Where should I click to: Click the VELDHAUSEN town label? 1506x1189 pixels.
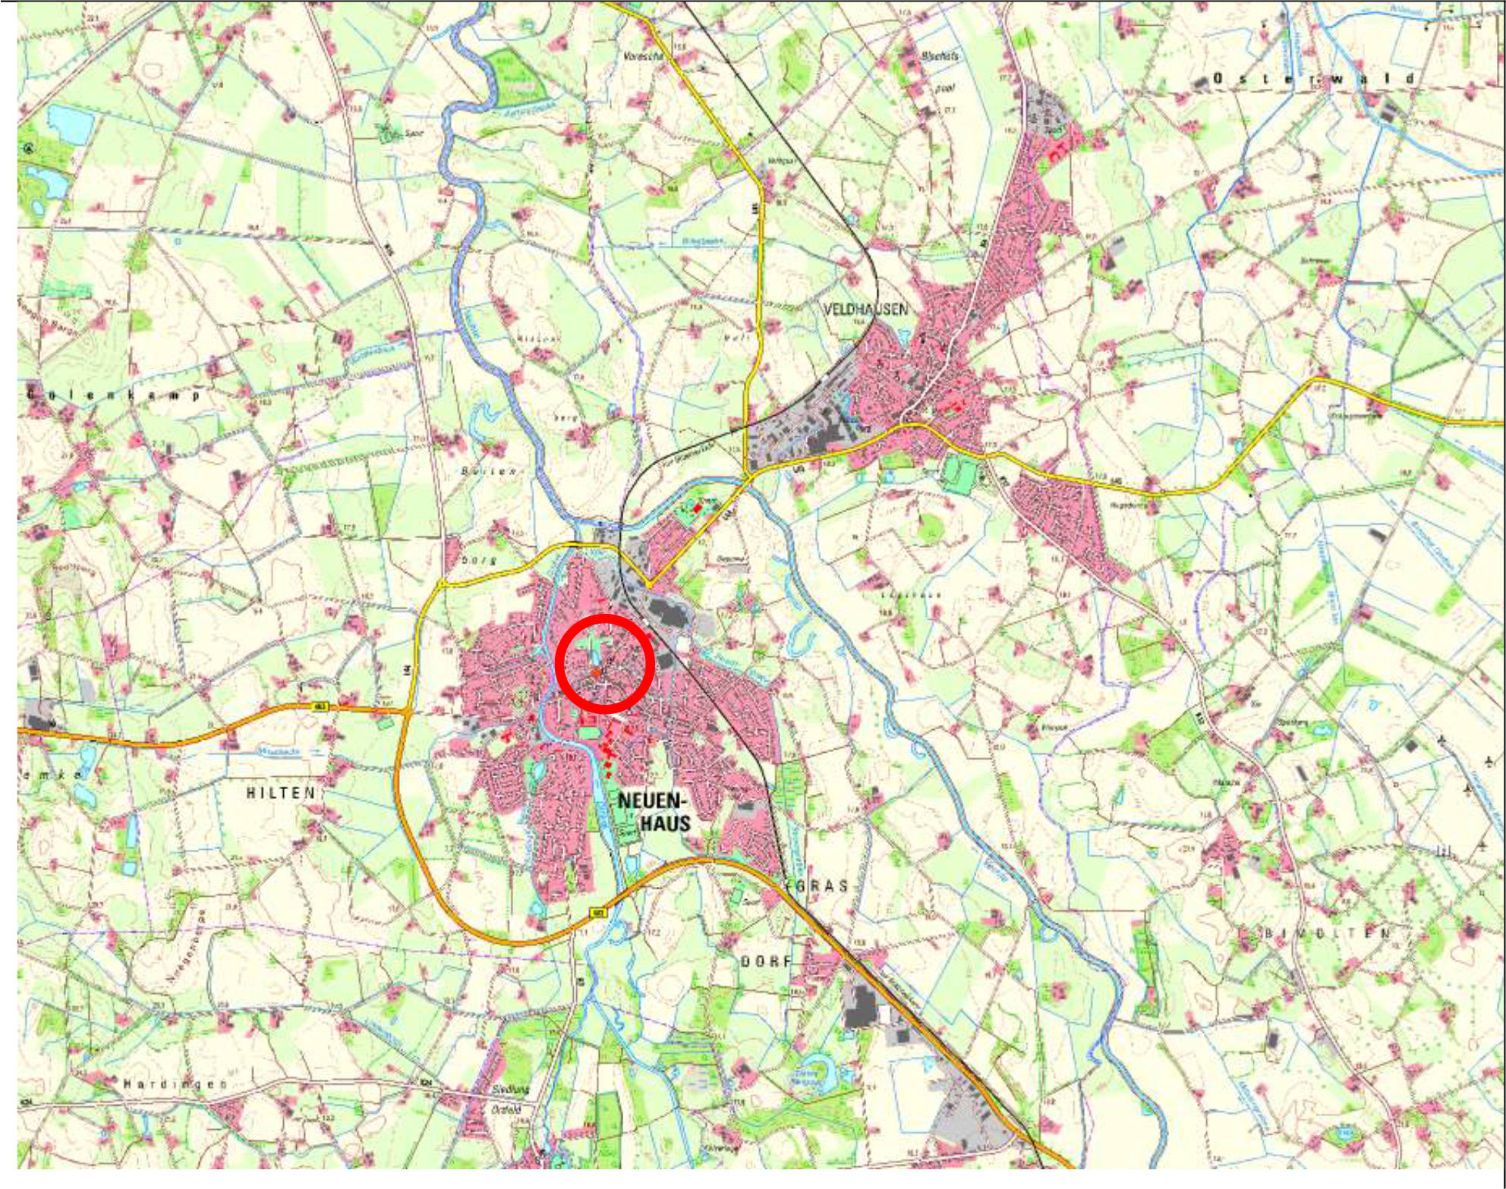click(x=865, y=309)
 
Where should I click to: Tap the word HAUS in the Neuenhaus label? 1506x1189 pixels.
click(x=666, y=823)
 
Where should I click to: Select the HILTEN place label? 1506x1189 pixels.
click(x=280, y=793)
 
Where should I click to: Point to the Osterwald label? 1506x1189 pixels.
click(x=1314, y=79)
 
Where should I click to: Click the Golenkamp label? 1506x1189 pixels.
click(x=114, y=395)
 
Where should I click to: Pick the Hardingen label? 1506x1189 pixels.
click(x=175, y=1084)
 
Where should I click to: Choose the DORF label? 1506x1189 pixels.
click(x=766, y=961)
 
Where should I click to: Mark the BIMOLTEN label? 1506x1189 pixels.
click(x=1328, y=933)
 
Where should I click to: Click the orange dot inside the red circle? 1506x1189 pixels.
click(x=597, y=673)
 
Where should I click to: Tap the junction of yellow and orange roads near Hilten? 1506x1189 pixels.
click(x=408, y=711)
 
